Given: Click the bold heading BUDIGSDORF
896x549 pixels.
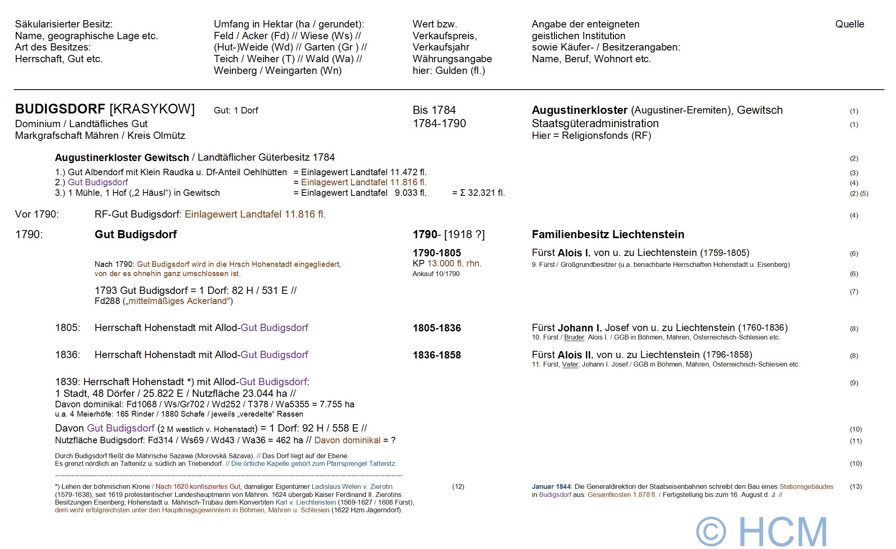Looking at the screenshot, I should tap(60, 109).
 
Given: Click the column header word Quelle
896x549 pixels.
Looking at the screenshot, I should tap(850, 24).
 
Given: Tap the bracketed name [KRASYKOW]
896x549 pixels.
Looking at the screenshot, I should tap(152, 109).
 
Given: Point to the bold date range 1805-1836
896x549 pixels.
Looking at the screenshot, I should tap(436, 328).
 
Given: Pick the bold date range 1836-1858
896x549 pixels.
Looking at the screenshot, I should tap(436, 355).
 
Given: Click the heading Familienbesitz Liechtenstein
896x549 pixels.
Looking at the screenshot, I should tap(608, 235).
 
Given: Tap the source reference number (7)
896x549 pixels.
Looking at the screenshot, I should tap(854, 291).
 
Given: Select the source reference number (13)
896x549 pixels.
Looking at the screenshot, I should tap(856, 487).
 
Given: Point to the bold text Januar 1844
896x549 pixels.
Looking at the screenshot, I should tap(551, 487).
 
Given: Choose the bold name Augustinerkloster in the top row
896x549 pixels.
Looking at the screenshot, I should tap(579, 110).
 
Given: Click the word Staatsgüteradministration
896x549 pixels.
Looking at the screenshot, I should tap(595, 124).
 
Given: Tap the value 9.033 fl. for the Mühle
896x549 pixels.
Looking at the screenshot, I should tap(410, 193).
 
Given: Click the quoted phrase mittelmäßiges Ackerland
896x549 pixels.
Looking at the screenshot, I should tap(178, 301).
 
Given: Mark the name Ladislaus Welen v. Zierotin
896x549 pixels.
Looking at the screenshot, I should tap(352, 487).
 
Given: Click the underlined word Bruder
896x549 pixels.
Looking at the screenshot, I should tap(574, 337).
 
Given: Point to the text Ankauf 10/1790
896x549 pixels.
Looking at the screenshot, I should tap(436, 274).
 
